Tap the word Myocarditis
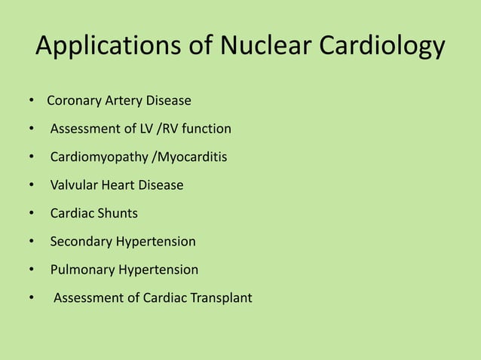(189, 157)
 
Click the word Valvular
(73, 185)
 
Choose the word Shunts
(117, 213)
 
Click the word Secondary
(81, 242)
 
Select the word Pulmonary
(81, 270)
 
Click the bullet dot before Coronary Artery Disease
(30, 101)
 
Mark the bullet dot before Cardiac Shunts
(30, 214)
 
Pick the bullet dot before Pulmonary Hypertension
(30, 270)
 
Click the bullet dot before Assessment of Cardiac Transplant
(30, 298)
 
